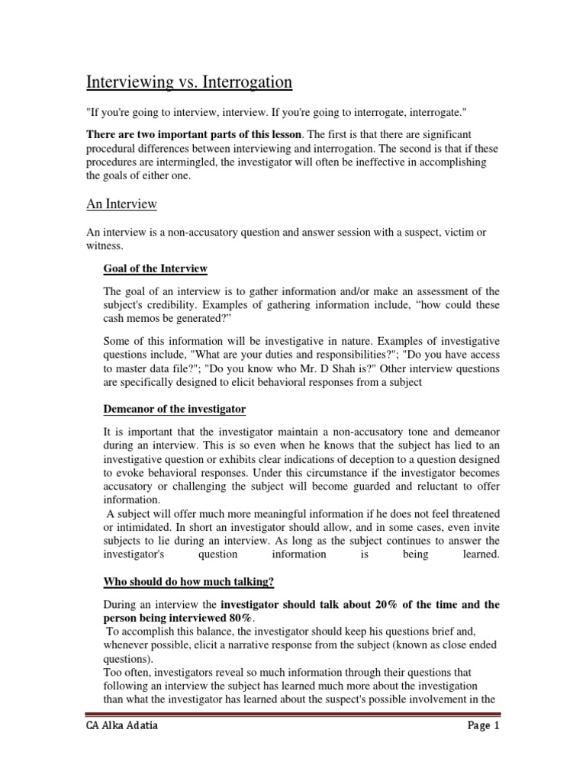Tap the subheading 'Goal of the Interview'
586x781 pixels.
[156, 268]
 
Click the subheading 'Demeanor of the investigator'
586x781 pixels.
[174, 409]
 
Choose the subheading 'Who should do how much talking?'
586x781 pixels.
[188, 582]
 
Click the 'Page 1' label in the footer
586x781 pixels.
[482, 747]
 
